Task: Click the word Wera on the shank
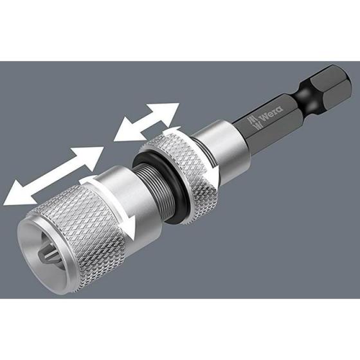(x=271, y=113)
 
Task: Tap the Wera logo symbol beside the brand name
(x=253, y=122)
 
